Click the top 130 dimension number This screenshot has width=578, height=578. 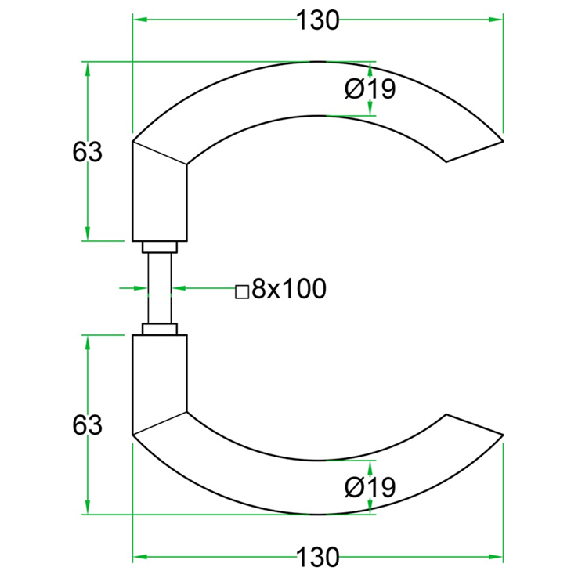[317, 20]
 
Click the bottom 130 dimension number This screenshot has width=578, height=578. [317, 557]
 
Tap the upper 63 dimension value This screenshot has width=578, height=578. [87, 152]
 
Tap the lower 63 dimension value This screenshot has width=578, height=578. [87, 424]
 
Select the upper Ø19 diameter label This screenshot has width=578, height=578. [370, 89]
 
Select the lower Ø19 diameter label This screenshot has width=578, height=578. [370, 487]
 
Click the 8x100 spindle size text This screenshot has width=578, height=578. [289, 288]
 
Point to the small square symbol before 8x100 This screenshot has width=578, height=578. [242, 291]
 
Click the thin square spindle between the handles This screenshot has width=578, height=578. [160, 288]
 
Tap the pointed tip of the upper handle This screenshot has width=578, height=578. [503, 141]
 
